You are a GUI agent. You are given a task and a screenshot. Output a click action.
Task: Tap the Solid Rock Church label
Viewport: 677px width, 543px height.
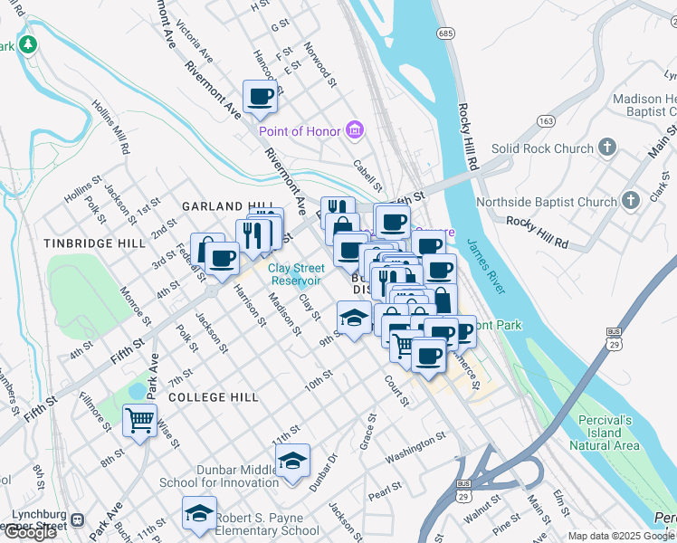click(x=542, y=148)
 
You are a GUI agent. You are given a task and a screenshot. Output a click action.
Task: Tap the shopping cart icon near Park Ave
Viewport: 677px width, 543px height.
click(x=139, y=420)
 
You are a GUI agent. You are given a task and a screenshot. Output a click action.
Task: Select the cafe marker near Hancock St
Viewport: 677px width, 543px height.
click(x=260, y=95)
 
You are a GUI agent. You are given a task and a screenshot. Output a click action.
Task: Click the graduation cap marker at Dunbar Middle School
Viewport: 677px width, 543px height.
click(x=292, y=460)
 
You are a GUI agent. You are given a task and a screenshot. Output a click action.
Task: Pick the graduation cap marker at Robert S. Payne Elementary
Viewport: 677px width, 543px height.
click(x=199, y=513)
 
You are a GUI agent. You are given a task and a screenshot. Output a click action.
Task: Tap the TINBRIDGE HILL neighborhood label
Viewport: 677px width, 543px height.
click(x=93, y=243)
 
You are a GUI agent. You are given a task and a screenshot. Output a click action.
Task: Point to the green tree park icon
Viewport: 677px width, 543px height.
click(x=28, y=43)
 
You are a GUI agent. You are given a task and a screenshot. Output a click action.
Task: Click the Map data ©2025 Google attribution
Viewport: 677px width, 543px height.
click(x=621, y=536)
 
